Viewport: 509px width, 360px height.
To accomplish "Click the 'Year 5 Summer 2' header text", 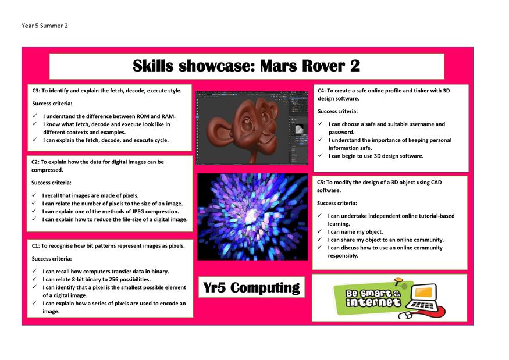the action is click(45, 26).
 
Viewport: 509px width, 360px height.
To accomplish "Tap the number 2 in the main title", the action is click(355, 66).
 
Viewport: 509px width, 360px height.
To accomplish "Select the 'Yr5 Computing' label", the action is click(251, 288).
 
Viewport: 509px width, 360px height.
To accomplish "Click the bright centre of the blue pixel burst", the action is click(251, 217).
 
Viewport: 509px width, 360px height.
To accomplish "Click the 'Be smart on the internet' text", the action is click(373, 298).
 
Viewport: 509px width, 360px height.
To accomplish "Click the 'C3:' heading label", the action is click(36, 91).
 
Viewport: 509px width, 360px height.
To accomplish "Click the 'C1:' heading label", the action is click(35, 246).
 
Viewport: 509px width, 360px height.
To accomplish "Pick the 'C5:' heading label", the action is click(321, 183).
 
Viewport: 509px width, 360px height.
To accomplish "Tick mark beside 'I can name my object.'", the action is click(320, 231).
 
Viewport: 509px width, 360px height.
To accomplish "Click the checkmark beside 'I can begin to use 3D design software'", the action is click(321, 155).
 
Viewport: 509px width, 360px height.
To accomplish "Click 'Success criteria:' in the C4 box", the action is click(337, 111).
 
